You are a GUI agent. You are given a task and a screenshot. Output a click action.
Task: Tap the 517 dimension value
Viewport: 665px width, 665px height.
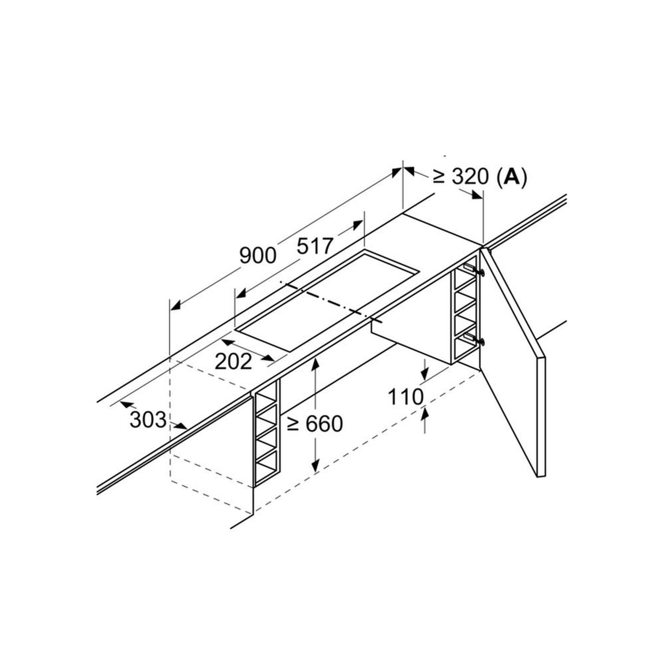(315, 246)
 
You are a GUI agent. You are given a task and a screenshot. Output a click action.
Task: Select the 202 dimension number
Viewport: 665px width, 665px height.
(233, 362)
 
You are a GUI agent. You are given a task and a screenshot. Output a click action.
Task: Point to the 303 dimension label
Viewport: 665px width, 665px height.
(148, 420)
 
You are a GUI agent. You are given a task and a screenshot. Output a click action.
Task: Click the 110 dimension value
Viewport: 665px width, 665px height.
(406, 396)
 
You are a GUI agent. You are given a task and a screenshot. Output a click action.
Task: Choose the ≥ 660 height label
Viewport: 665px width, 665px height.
(315, 423)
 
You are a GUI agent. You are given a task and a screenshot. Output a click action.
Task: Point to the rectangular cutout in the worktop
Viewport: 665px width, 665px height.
(327, 300)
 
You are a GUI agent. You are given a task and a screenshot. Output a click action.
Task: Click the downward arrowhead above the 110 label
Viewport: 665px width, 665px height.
(425, 373)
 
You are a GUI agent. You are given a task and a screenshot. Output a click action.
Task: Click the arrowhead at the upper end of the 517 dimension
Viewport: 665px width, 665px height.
(358, 225)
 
